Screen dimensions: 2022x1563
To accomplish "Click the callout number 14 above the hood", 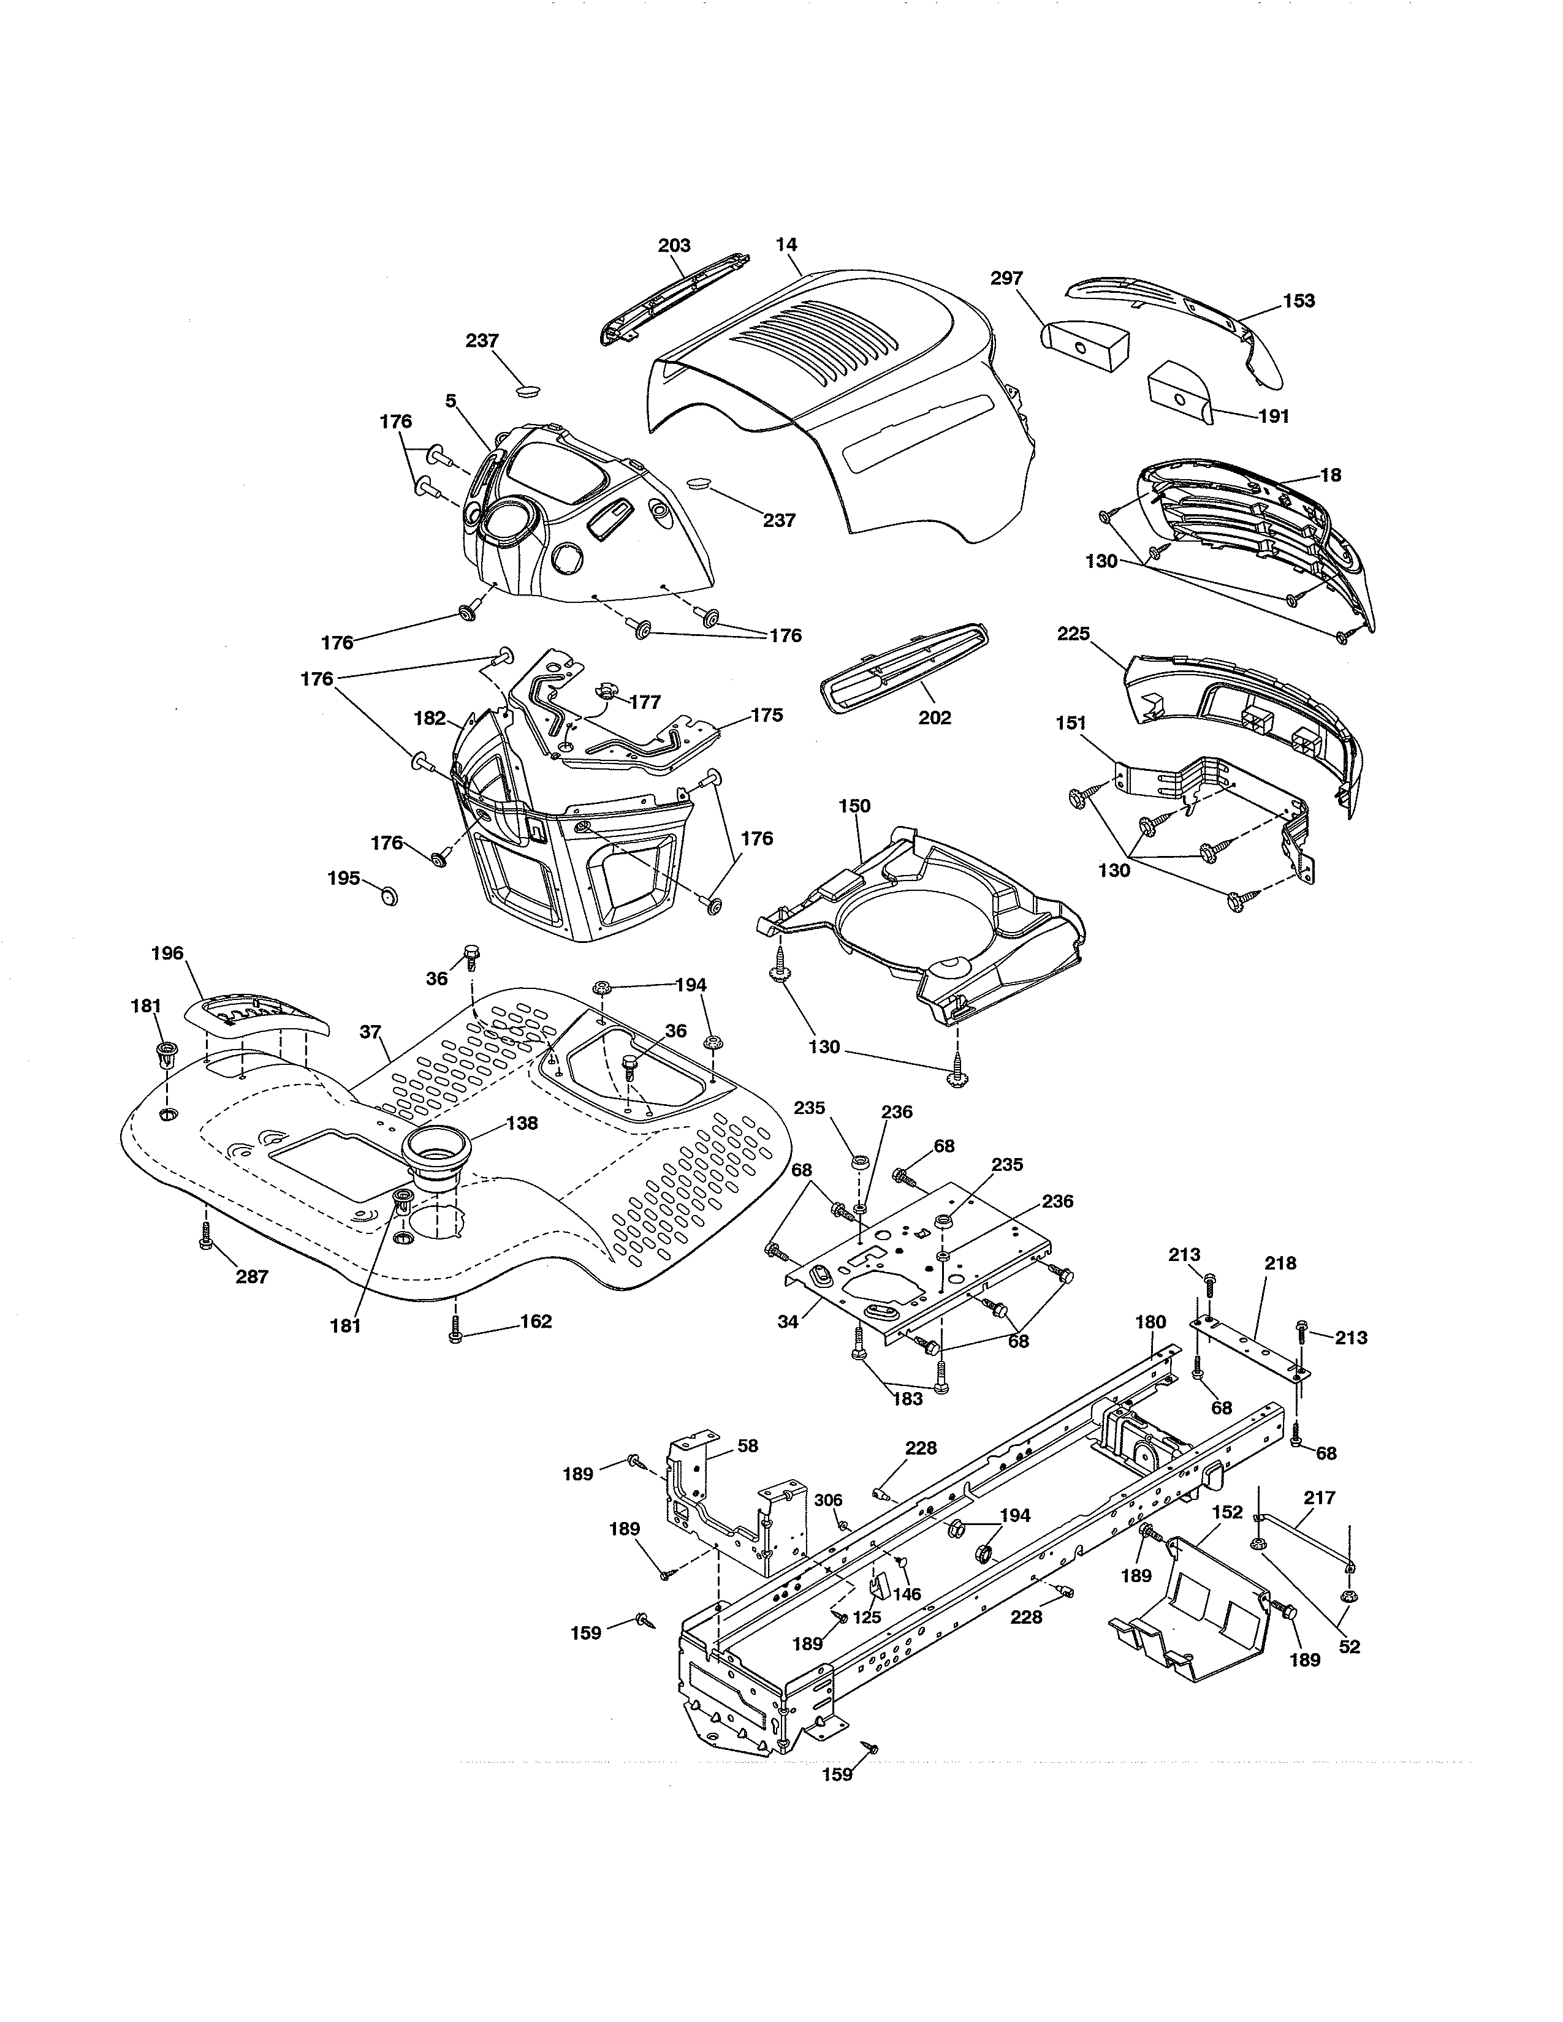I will [x=786, y=245].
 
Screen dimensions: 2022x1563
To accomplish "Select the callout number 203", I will [x=674, y=245].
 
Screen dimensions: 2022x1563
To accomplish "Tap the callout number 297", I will [x=1006, y=278].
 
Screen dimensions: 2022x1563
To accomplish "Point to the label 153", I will [x=1298, y=301].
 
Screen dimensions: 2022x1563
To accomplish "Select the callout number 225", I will [x=1073, y=634].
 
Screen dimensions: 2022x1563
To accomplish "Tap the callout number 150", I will [x=854, y=806].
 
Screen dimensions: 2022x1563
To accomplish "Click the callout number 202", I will [x=934, y=718].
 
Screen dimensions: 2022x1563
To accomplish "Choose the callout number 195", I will [x=343, y=877].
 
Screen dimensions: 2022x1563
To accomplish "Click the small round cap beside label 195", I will [x=389, y=895].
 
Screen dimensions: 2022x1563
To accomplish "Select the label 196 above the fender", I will [x=167, y=953].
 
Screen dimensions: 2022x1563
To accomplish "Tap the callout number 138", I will [x=522, y=1123].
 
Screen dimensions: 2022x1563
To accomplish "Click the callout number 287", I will [x=252, y=1277].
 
